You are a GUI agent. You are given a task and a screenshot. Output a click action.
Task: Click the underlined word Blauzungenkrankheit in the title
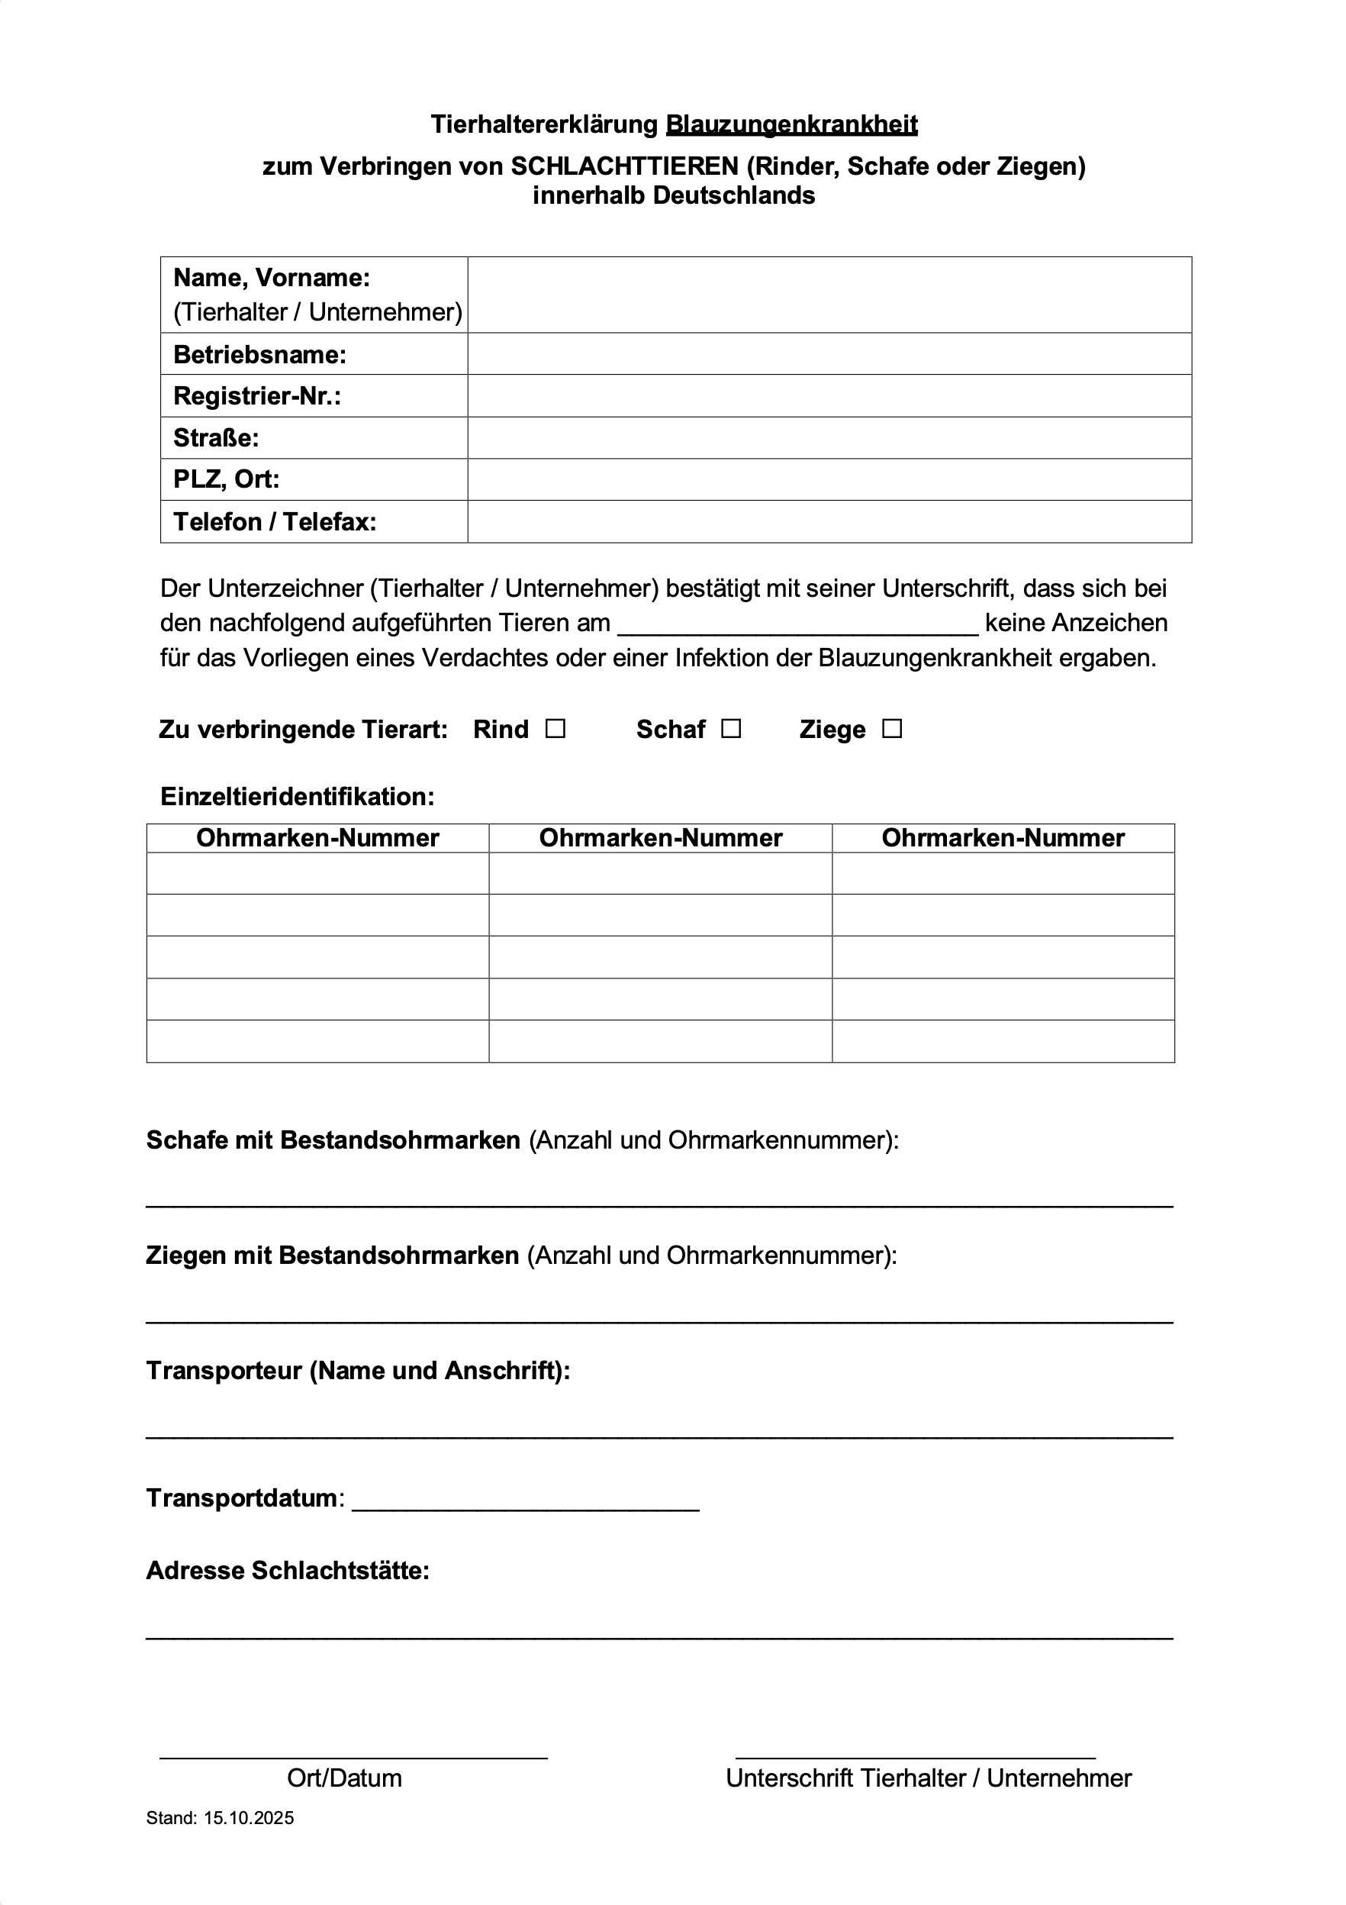click(791, 124)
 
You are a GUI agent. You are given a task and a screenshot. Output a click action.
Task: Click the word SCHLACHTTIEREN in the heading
click(623, 167)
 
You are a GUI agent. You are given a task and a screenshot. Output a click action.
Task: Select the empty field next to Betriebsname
click(829, 354)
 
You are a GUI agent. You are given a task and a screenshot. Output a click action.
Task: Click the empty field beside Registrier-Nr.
click(829, 396)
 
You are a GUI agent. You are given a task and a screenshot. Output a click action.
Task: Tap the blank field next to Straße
click(829, 437)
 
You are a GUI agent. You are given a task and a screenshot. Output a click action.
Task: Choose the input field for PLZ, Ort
click(829, 479)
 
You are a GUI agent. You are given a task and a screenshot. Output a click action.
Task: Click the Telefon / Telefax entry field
click(829, 522)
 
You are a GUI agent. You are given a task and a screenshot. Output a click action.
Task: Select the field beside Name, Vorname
click(829, 295)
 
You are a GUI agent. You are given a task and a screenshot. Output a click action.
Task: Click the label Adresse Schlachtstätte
click(288, 1571)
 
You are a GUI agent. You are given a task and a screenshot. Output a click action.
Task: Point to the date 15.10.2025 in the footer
click(249, 1818)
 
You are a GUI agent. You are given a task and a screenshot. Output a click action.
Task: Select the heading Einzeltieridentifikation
click(297, 797)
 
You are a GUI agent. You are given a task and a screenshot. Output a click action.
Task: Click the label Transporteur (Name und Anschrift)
click(359, 1370)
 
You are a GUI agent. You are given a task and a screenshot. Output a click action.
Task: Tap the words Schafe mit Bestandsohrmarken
click(333, 1140)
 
